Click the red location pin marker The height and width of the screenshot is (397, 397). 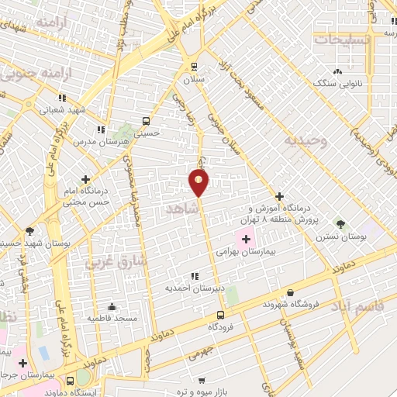pos(198,182)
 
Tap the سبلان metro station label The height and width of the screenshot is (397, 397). pos(194,80)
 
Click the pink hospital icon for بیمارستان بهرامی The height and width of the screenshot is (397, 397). pos(246,239)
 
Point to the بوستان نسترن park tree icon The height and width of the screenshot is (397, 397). pos(340,223)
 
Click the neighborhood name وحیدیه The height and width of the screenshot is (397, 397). pos(300,141)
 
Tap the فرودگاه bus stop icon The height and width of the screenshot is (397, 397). pos(221,315)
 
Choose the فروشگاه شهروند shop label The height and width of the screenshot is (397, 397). pos(289,303)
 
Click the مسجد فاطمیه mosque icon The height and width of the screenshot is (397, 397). pos(112,306)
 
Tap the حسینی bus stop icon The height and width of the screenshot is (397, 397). pos(146,121)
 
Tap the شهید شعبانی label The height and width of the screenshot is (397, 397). pos(61,110)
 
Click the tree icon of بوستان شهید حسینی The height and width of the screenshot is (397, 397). pos(29,231)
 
